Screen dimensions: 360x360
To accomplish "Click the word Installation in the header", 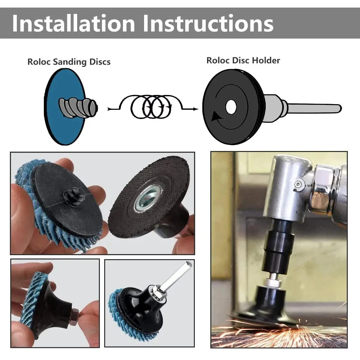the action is pos(74,23).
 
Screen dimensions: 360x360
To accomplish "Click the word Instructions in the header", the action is pos(208,23).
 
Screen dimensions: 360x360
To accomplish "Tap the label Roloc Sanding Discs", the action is pos(69,62).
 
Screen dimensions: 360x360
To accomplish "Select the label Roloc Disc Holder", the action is pos(243,60).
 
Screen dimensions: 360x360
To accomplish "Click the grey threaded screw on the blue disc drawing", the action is pos(78,107).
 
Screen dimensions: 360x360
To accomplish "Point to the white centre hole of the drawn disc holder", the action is pos(231,107).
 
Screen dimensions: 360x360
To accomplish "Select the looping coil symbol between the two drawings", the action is pos(152,107).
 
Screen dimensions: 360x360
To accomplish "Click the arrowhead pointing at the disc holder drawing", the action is pos(195,109).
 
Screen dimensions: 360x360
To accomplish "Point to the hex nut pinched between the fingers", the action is pos(75,316).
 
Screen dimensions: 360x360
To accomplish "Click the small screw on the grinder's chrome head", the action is pos(298,184).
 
